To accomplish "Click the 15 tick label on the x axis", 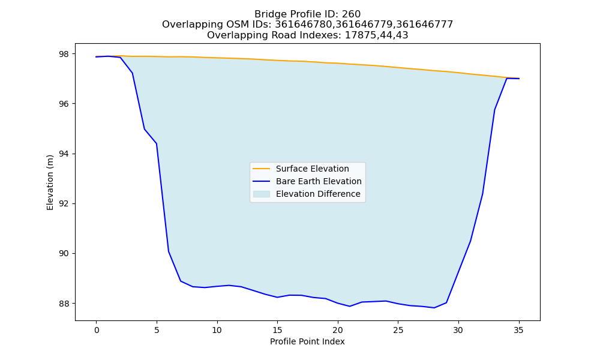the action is coord(277,330).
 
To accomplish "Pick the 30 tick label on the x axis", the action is coord(458,330).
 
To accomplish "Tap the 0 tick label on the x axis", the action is coord(97,330).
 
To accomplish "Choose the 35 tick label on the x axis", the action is coord(518,330).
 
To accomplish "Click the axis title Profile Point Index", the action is coord(307,341).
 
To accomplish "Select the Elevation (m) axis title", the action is coord(50,182).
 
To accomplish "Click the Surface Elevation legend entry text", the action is coord(312,169).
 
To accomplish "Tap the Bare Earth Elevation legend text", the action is coord(319,181).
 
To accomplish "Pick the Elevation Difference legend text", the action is coord(318,194).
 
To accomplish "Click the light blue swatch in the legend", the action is coord(262,194).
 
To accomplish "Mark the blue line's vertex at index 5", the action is coord(157,143).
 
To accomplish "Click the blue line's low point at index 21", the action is coord(349,306).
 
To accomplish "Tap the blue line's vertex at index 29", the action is coord(446,302).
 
